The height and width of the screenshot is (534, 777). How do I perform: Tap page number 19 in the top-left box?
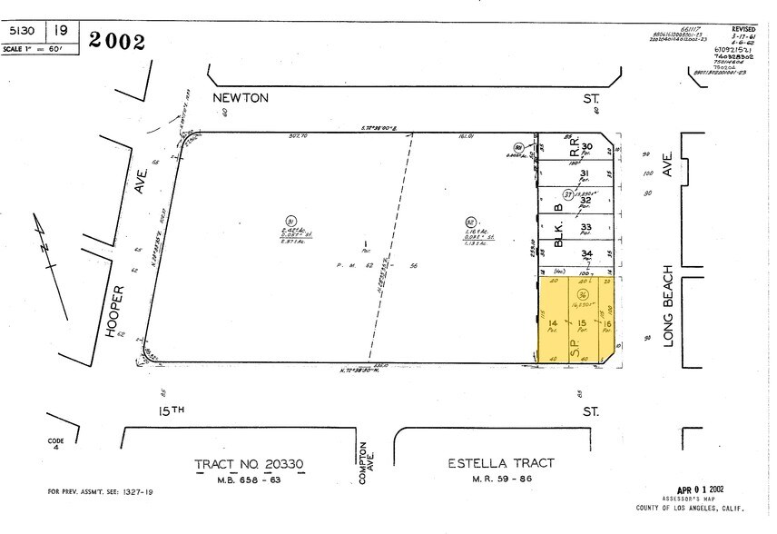[x=61, y=30]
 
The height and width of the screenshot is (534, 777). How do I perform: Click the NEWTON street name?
[x=241, y=98]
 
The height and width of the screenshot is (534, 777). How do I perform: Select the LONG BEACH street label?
[x=669, y=305]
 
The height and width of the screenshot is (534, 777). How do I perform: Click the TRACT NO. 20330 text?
[x=251, y=463]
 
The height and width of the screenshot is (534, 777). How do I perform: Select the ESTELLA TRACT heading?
[x=501, y=463]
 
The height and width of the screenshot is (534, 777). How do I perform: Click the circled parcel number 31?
[x=291, y=221]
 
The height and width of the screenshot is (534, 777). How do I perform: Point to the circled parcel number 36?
[x=578, y=295]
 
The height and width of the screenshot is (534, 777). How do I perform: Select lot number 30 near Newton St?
[x=586, y=147]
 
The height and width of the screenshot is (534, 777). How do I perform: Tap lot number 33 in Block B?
[x=586, y=227]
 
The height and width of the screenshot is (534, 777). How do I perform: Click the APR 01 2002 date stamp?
[x=703, y=489]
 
